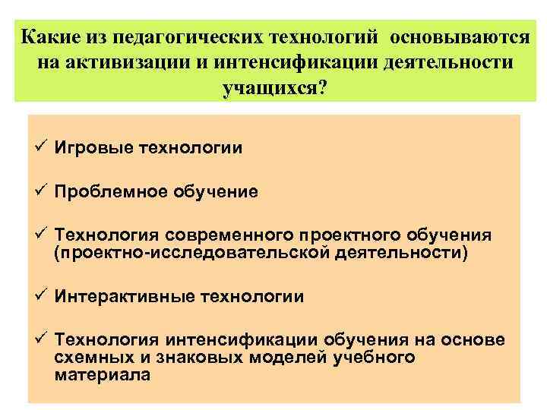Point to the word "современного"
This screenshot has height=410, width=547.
click(234, 236)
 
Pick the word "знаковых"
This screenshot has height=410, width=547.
click(198, 357)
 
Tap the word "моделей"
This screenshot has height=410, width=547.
click(289, 357)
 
